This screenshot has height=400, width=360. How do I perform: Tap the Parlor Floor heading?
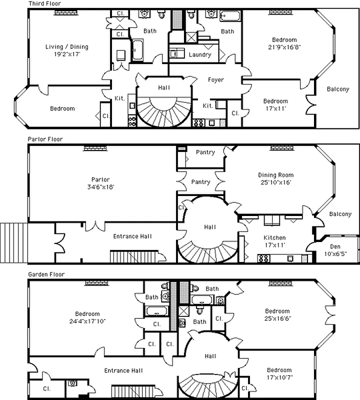click(45, 139)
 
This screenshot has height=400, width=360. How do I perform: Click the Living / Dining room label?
click(66, 47)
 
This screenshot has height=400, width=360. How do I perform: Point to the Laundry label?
click(199, 55)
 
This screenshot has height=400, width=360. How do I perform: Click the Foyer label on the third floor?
click(215, 80)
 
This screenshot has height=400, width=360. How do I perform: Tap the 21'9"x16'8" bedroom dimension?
click(284, 47)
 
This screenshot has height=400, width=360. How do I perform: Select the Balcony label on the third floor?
click(338, 89)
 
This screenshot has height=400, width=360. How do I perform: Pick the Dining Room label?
click(275, 175)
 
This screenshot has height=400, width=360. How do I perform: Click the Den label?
click(335, 246)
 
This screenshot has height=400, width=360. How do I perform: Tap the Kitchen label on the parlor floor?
click(275, 238)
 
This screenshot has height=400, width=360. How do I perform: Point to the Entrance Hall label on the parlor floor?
click(132, 236)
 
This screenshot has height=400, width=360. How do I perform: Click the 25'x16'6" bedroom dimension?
click(277, 318)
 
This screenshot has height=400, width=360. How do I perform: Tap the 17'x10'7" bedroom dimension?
click(278, 377)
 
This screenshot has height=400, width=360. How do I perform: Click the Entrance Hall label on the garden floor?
click(123, 370)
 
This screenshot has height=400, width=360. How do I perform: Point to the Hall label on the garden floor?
click(210, 356)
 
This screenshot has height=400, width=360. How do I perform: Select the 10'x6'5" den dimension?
click(335, 253)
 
